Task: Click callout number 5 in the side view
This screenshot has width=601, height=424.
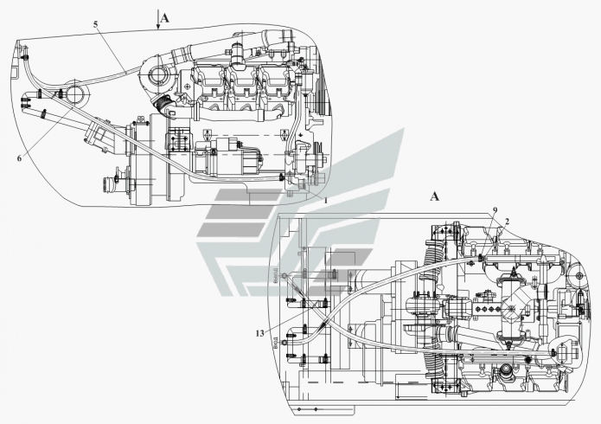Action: coord(95,26)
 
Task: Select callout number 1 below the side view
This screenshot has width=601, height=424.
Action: coord(325,201)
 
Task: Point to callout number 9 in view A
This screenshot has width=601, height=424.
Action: coord(495,210)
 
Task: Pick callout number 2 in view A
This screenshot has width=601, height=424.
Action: coord(507,222)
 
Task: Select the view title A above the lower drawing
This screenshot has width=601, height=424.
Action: coord(435,196)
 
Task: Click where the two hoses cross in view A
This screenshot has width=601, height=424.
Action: coord(325,321)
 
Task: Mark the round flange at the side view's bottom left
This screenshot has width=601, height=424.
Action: coord(112,183)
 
